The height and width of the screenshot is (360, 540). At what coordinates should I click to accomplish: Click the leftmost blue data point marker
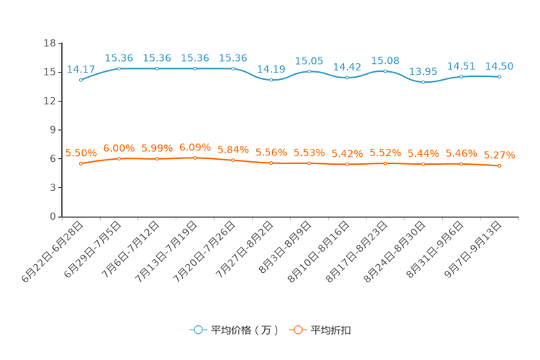pos(81,79)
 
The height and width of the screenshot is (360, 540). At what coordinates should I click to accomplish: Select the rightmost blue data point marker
pos(499,76)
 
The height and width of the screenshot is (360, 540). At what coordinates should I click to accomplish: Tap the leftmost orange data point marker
pos(81,163)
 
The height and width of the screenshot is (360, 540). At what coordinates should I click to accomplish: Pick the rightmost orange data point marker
pos(499,165)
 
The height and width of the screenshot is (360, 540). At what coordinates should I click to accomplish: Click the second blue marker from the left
pos(119,68)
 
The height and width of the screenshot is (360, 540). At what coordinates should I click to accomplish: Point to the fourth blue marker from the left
pos(195,68)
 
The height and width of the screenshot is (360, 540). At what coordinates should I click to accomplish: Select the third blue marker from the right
pos(423,81)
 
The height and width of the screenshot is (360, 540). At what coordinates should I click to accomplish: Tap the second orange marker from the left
pos(119,158)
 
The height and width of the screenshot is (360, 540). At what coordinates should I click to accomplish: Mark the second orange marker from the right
pos(462,164)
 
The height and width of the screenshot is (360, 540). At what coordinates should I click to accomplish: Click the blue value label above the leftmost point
pos(81,69)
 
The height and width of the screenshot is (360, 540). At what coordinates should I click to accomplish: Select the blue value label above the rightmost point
pos(499,66)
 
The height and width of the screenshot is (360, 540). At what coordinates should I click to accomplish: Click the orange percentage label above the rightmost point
pos(499,155)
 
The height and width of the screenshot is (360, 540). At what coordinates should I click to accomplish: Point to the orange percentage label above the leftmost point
pos(81,152)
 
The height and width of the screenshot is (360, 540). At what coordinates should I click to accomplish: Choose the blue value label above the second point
pos(119,58)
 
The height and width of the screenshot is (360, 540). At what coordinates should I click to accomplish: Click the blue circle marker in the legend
pos(197,330)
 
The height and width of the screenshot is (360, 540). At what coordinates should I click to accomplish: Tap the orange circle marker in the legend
pos(296,330)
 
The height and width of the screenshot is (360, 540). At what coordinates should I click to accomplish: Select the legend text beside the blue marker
pos(244,330)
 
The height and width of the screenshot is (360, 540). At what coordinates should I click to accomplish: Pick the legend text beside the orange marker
pos(332,330)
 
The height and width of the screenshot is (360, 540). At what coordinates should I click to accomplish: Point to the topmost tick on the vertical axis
pos(58,44)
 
